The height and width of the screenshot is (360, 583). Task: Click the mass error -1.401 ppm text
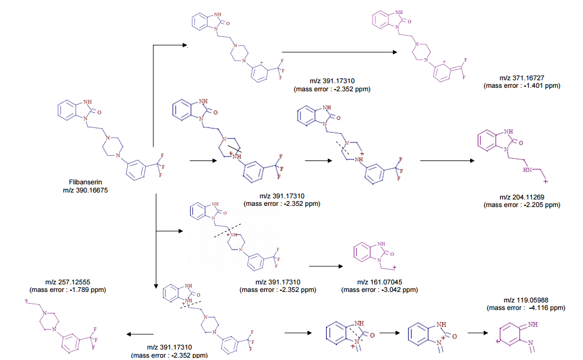[521, 85]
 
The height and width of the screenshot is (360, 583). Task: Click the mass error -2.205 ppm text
[521, 205]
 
